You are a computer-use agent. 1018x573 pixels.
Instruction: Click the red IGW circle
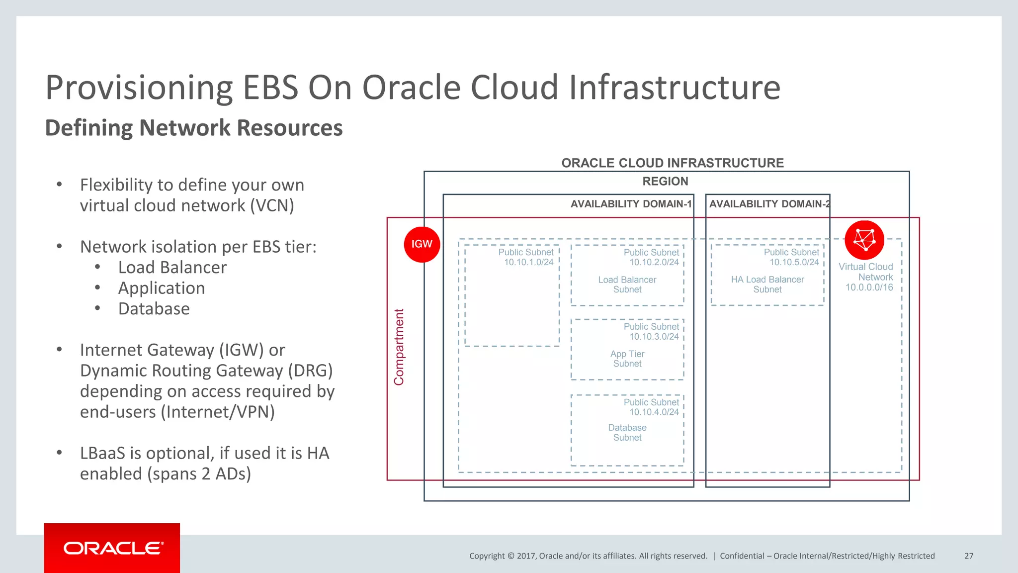(x=422, y=244)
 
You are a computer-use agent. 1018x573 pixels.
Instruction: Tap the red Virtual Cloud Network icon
(x=864, y=240)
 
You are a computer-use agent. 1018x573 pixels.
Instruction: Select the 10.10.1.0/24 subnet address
(x=528, y=262)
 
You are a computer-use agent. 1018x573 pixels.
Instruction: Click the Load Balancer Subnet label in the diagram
(x=627, y=285)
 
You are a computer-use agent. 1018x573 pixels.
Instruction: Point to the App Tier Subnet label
(x=627, y=359)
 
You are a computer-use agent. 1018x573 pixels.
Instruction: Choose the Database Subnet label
(x=627, y=432)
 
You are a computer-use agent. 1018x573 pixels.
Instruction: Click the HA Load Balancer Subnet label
(x=767, y=285)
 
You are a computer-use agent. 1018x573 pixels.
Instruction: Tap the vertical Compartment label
(x=399, y=347)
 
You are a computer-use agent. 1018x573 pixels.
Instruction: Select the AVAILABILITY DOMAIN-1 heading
(x=630, y=204)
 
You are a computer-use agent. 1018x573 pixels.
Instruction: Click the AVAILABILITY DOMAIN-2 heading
(x=768, y=204)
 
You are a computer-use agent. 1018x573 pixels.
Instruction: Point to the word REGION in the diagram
(x=665, y=182)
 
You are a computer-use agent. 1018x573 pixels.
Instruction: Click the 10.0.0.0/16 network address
(x=869, y=287)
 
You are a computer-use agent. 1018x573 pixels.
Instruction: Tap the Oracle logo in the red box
(x=112, y=548)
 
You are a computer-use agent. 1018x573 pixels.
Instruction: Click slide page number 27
(x=968, y=556)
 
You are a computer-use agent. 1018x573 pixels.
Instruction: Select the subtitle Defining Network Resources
(x=194, y=128)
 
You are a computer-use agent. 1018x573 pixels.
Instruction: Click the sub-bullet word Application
(x=162, y=288)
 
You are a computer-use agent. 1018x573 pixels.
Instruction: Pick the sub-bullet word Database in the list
(x=154, y=309)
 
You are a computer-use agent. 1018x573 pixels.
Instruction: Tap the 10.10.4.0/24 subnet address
(x=654, y=412)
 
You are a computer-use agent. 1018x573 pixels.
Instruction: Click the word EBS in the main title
(x=270, y=88)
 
